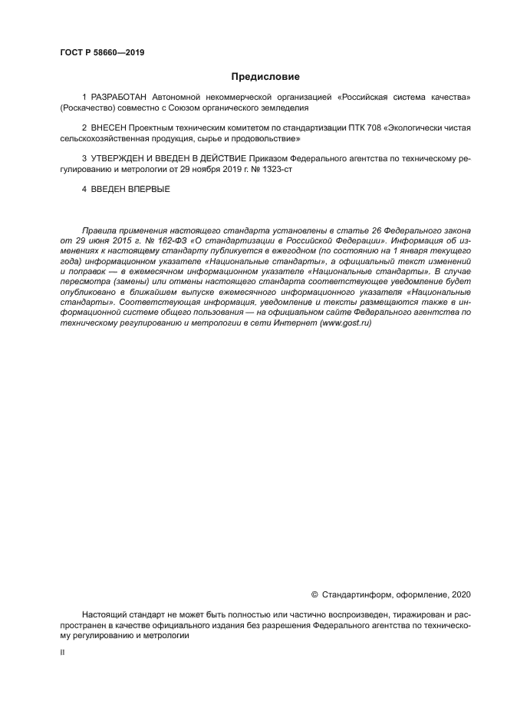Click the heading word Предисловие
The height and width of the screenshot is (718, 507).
[265, 77]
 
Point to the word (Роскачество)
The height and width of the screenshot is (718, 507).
[86, 109]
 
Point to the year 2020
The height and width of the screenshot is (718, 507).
[460, 594]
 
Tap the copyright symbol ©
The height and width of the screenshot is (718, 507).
[314, 594]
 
